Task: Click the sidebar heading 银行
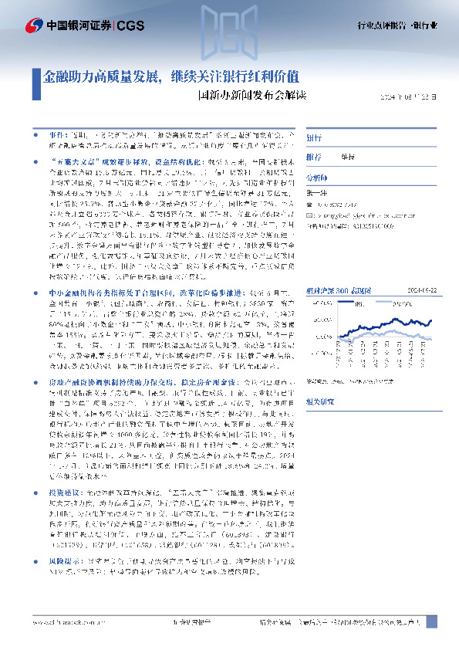coord(314,137)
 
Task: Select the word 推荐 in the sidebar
coord(313,156)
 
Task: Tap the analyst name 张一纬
coord(316,192)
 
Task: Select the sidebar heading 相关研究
coord(320,401)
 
